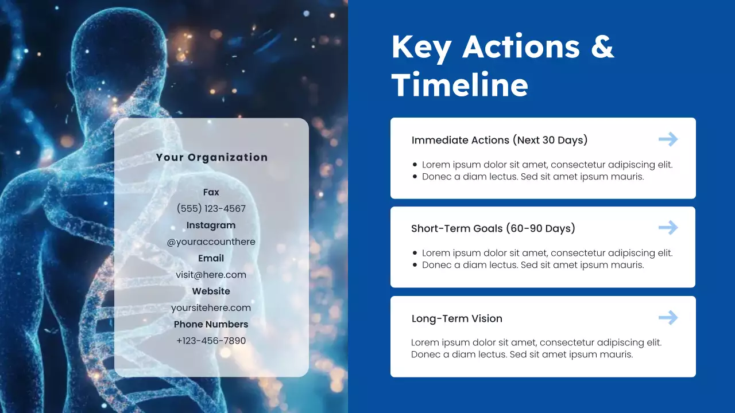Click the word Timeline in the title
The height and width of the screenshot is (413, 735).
(x=459, y=85)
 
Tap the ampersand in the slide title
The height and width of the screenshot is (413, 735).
(x=602, y=47)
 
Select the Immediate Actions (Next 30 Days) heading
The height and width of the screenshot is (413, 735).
(x=499, y=140)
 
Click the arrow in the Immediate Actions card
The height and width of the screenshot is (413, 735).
(x=668, y=139)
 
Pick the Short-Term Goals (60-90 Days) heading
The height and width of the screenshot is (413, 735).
(x=493, y=228)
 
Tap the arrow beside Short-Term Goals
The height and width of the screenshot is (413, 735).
(x=668, y=228)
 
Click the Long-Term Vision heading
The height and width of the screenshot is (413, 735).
(x=457, y=318)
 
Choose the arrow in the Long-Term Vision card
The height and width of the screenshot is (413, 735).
(x=668, y=317)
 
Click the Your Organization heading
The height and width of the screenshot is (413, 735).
(x=211, y=157)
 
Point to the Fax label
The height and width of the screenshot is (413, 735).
(x=211, y=192)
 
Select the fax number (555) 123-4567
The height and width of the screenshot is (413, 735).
(x=211, y=208)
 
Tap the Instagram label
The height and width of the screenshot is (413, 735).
(x=211, y=225)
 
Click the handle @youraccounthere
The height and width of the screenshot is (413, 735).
(x=211, y=242)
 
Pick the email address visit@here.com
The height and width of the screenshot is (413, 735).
(x=211, y=275)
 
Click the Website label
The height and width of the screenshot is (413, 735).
(x=211, y=291)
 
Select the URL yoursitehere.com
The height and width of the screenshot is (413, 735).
(x=211, y=308)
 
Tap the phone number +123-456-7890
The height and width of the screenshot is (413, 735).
(x=211, y=341)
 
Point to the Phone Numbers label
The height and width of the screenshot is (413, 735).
(x=211, y=324)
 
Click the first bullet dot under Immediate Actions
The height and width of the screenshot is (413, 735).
(x=415, y=165)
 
